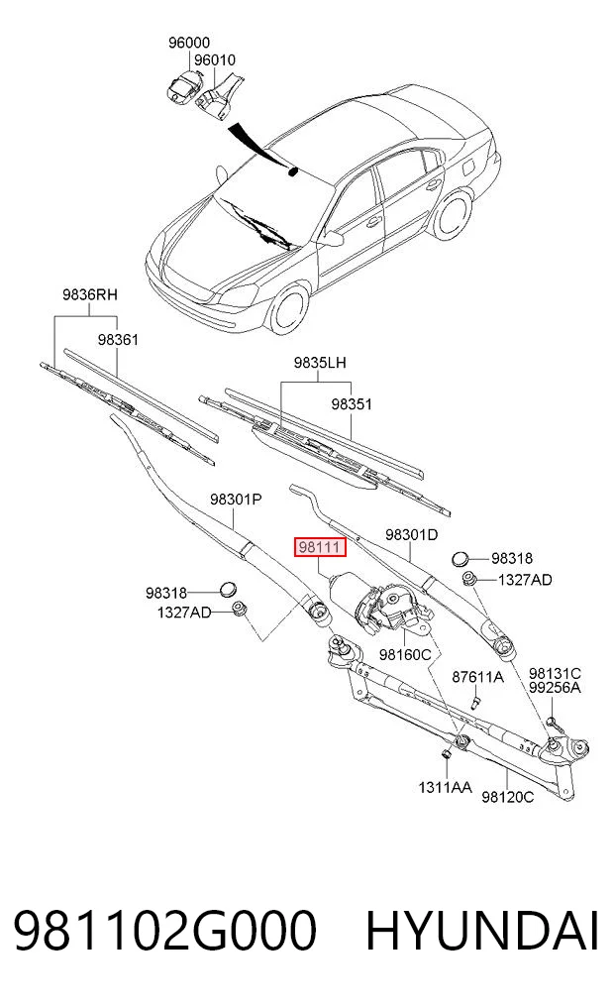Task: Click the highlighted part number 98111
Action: [320, 547]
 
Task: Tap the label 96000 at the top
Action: [189, 43]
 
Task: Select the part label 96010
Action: [215, 59]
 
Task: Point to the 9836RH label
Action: [90, 294]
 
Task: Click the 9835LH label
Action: [320, 363]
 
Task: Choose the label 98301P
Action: [236, 499]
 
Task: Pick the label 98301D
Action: [412, 534]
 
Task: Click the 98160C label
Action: [405, 654]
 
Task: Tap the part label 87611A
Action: [478, 676]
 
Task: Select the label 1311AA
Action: [445, 787]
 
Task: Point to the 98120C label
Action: [507, 797]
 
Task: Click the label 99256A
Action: [555, 688]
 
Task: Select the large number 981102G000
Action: [165, 930]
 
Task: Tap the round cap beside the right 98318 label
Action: [460, 559]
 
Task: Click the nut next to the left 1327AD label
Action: [240, 609]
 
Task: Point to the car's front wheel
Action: [288, 309]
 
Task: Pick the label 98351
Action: [352, 404]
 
